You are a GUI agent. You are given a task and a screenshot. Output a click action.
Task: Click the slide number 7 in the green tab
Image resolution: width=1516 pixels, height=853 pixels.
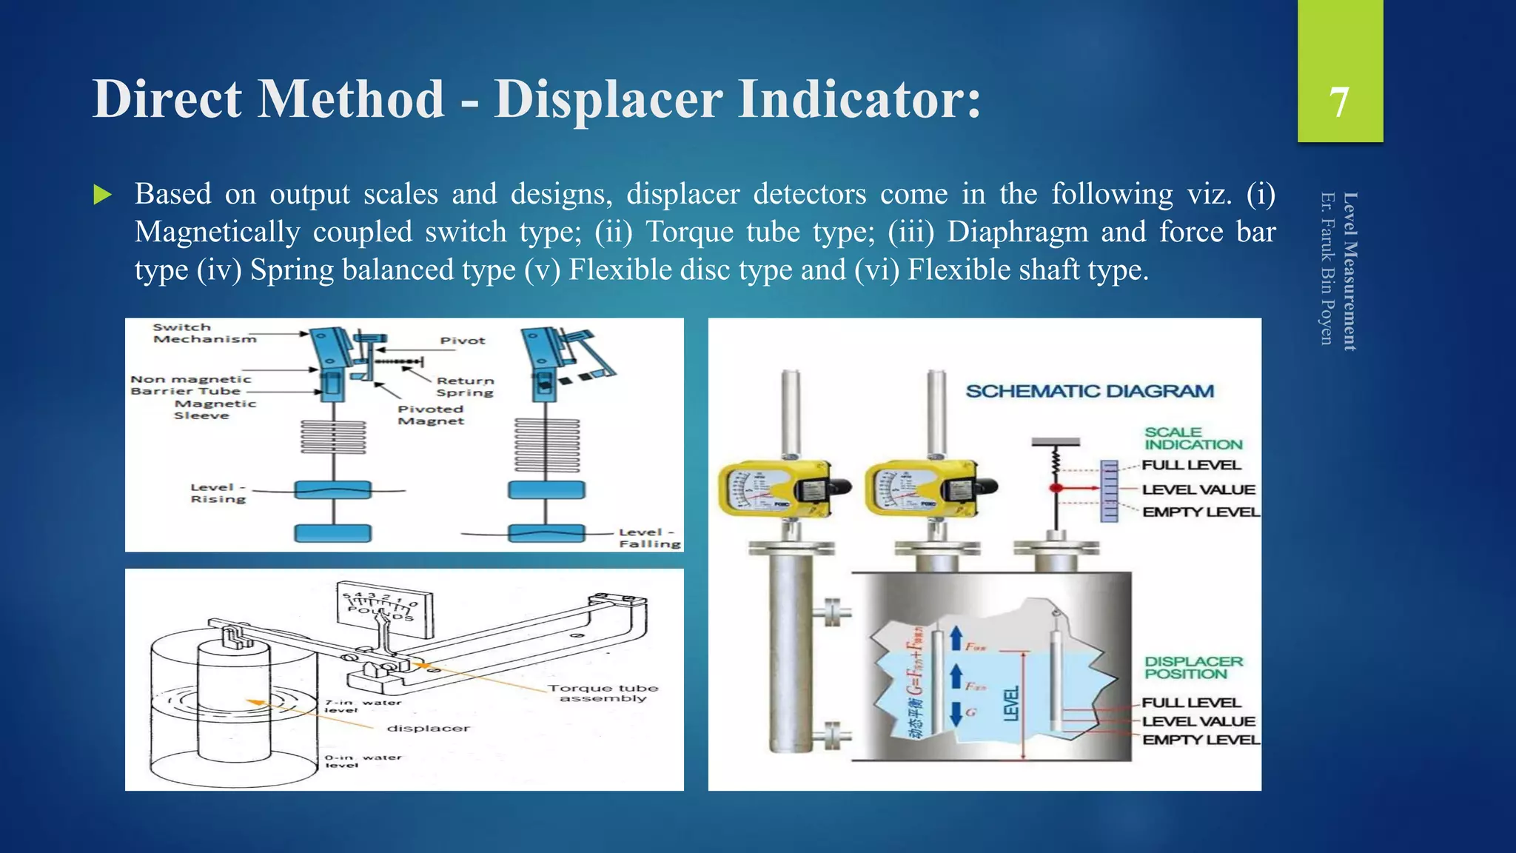[1339, 102]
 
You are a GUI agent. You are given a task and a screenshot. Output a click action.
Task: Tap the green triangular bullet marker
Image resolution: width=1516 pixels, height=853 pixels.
[103, 195]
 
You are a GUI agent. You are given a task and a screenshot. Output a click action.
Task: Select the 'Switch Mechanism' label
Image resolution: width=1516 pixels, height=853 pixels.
[204, 333]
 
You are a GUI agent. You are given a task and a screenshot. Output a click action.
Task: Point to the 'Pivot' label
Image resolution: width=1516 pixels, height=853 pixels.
[463, 341]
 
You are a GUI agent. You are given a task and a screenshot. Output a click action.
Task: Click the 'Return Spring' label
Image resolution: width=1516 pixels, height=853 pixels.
[465, 387]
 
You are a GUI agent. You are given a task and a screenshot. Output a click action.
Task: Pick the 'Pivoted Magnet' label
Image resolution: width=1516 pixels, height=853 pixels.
[431, 415]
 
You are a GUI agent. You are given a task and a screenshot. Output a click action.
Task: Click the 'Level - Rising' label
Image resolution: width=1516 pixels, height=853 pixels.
[218, 493]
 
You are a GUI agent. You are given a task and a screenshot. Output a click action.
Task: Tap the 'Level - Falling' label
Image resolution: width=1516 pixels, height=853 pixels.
[648, 538]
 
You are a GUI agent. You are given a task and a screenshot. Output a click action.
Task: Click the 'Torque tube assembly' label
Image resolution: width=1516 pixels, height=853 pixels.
[603, 693]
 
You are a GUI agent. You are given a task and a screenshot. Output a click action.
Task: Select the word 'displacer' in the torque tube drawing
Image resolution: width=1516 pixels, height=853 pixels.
[428, 729]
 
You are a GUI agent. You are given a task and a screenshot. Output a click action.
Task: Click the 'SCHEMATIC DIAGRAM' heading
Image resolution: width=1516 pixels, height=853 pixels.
[1090, 391]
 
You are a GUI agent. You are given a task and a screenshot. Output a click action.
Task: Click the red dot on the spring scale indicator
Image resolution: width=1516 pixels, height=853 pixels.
[1056, 488]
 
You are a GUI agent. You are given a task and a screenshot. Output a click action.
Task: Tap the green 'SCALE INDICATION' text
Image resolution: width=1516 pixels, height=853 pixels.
[1193, 438]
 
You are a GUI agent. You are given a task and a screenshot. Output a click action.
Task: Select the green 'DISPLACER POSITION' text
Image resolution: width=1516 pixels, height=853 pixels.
[1193, 667]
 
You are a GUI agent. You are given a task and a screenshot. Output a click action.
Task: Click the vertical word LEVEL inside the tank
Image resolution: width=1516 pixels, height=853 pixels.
[1011, 703]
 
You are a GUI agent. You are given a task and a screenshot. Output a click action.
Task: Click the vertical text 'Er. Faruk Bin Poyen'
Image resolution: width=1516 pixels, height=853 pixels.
[1327, 268]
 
